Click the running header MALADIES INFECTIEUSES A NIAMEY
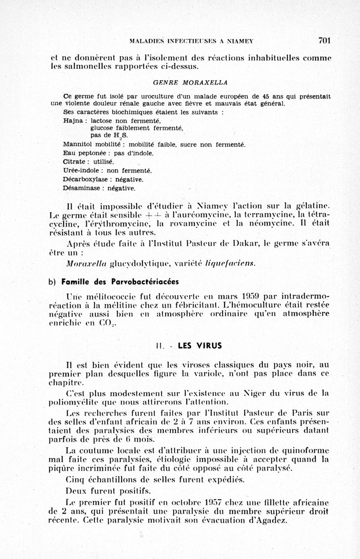point(191,41)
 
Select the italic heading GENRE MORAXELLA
point(190,83)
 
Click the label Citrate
point(74,162)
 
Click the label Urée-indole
point(81,171)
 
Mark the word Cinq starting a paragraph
point(75,479)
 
